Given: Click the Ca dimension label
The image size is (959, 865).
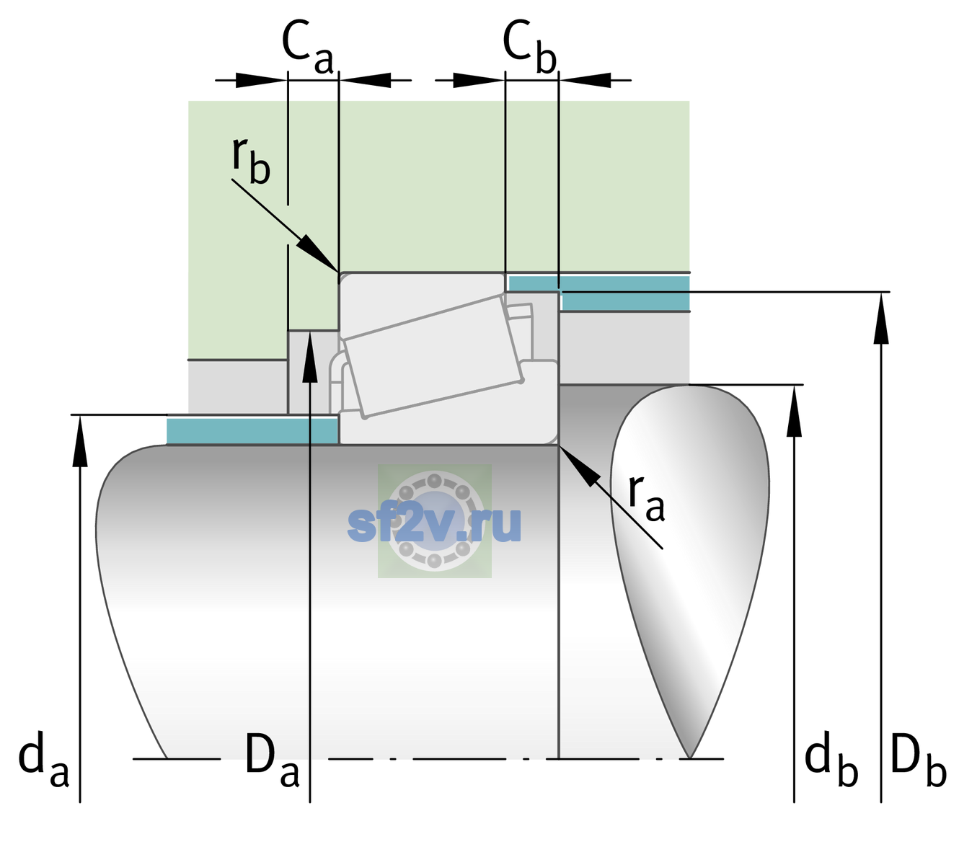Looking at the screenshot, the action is pos(307,48).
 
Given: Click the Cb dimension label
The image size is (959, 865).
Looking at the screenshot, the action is pos(530,48).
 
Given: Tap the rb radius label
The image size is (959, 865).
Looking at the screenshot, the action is pos(251,161).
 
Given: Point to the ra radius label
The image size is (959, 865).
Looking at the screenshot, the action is pos(646,498).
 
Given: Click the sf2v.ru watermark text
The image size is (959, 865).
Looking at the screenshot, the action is pos(434,524).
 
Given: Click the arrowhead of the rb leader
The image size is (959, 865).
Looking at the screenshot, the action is pos(317,254).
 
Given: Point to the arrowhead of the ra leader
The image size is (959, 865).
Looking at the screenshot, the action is pos(578,465).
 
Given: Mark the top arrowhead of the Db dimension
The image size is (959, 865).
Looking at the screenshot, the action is pos(881,318).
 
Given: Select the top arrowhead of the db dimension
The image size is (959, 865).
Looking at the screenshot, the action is pos(794,411).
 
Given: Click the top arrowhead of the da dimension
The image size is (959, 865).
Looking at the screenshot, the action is pos(80,440).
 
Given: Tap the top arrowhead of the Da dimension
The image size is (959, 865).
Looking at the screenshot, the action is pos(310,357).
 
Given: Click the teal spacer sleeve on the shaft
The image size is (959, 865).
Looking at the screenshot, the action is pos(252,430).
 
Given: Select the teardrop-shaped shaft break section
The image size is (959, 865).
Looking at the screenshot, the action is pos(690,571).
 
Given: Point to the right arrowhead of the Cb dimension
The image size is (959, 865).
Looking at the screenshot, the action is pos(585,80).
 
